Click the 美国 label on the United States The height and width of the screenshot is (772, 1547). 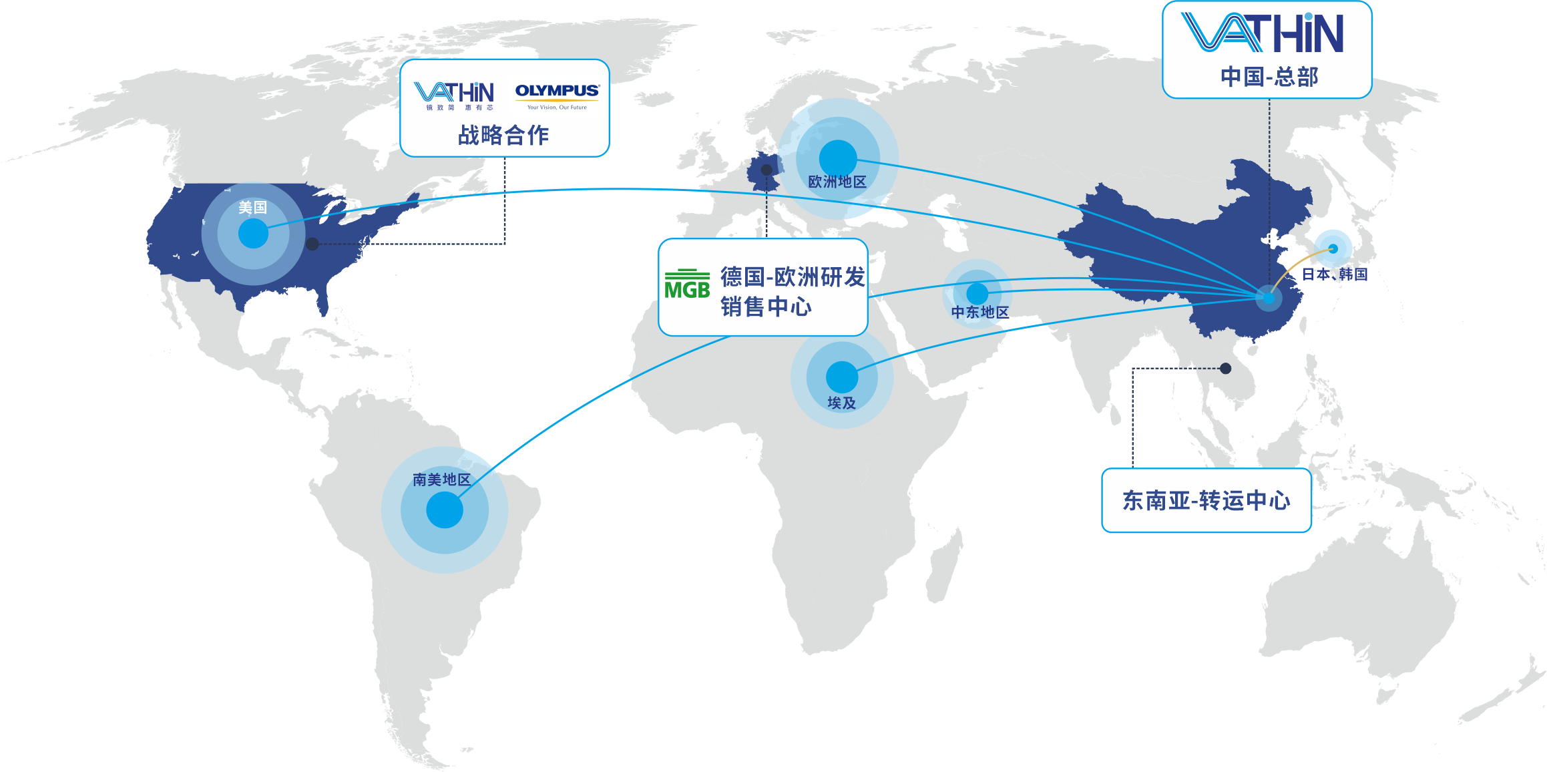click(252, 208)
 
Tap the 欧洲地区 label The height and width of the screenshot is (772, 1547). click(837, 182)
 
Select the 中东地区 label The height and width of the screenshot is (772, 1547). click(979, 312)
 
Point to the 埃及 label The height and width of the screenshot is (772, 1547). click(841, 403)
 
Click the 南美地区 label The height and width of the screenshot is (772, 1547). click(441, 479)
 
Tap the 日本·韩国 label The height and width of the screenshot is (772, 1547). click(1335, 274)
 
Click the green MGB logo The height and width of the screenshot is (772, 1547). click(687, 285)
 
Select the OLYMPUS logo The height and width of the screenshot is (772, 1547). click(557, 92)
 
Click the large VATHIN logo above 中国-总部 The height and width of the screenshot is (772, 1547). click(1262, 33)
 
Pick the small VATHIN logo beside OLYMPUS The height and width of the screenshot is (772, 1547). click(453, 93)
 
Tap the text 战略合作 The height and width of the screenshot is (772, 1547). click(503, 135)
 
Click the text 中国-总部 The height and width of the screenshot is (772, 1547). click(1269, 77)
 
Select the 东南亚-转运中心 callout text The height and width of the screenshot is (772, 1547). click(1206, 500)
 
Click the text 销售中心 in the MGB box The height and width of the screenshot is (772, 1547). click(766, 307)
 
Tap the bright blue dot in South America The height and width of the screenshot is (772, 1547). click(445, 510)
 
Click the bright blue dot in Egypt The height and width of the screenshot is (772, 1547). click(842, 377)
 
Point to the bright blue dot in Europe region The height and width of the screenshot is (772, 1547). click(838, 158)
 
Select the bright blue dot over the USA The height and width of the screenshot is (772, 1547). click(253, 234)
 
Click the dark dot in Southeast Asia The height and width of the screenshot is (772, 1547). click(1225, 368)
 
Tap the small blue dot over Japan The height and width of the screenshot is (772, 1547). click(1333, 248)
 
